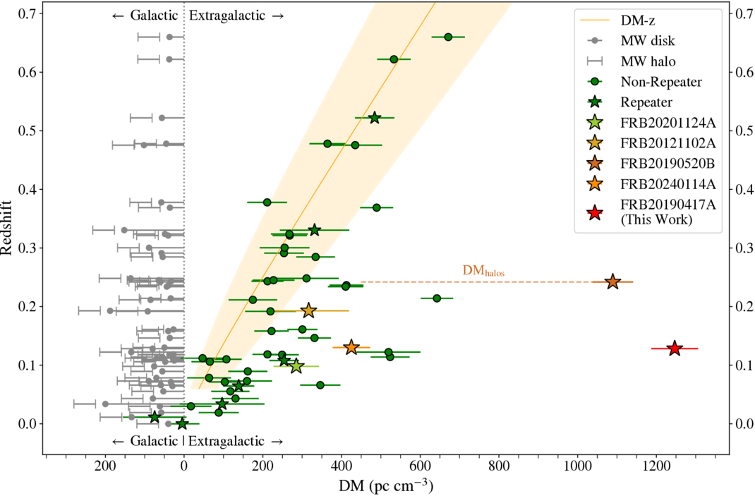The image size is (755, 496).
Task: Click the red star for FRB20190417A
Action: point(675,349)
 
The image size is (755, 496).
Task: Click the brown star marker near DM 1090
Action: point(612,282)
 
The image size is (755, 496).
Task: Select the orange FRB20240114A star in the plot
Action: point(351,347)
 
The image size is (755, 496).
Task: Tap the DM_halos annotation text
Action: point(483,270)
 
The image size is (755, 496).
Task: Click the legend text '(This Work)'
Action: point(656,219)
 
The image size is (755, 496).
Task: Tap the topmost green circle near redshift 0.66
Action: point(447,37)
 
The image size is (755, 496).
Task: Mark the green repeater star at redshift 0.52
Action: point(375,118)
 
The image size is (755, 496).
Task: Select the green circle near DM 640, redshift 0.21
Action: point(437,298)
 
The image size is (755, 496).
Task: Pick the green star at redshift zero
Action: point(182,423)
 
